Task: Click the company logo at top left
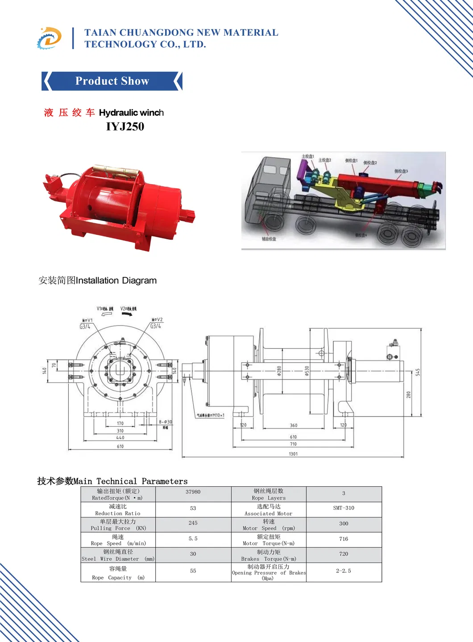point(49,38)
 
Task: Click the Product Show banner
point(112,81)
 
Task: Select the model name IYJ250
point(125,127)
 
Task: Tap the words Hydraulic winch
point(131,113)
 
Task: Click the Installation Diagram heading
point(98,280)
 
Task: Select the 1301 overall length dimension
point(293,454)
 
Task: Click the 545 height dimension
point(418,372)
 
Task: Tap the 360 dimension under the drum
point(293,425)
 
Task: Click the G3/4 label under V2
point(156,326)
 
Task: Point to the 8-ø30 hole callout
point(165,422)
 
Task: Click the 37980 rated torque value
point(193,492)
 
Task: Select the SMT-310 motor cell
point(344,508)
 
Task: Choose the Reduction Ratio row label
point(118,510)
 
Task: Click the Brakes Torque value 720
point(344,554)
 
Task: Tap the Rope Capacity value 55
point(193,571)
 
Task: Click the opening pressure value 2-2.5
point(344,571)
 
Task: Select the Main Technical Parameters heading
point(112,481)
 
